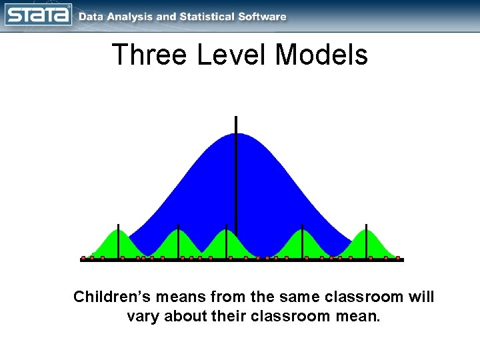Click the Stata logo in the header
click(39, 15)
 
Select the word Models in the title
click(321, 55)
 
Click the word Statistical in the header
click(208, 17)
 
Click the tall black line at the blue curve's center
click(236, 173)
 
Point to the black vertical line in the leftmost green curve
click(119, 241)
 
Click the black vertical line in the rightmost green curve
click(365, 241)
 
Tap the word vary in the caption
click(142, 316)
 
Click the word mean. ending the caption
click(359, 316)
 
